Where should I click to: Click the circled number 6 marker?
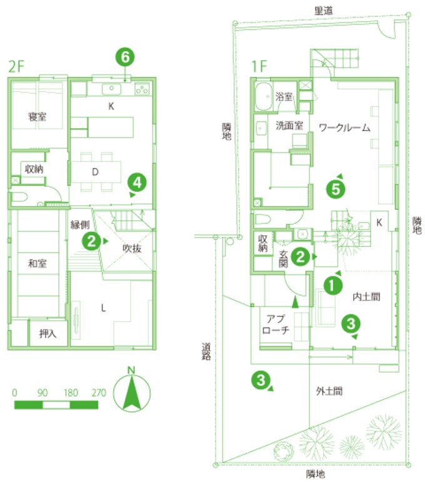125,58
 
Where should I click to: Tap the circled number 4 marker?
137,183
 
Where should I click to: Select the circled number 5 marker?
336,189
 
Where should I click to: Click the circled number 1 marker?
332,286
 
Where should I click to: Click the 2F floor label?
16,66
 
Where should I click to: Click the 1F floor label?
259,66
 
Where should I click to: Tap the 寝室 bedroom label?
37,117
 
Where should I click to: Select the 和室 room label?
37,263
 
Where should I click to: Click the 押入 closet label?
47,333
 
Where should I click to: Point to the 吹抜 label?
132,248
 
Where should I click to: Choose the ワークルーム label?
344,128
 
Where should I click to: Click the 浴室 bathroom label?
284,96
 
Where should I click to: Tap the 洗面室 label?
289,125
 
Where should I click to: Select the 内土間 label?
366,296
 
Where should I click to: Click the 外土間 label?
329,391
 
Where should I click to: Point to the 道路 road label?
206,351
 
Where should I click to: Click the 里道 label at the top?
324,11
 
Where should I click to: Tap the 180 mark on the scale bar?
71,393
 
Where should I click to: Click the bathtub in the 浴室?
263,96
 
